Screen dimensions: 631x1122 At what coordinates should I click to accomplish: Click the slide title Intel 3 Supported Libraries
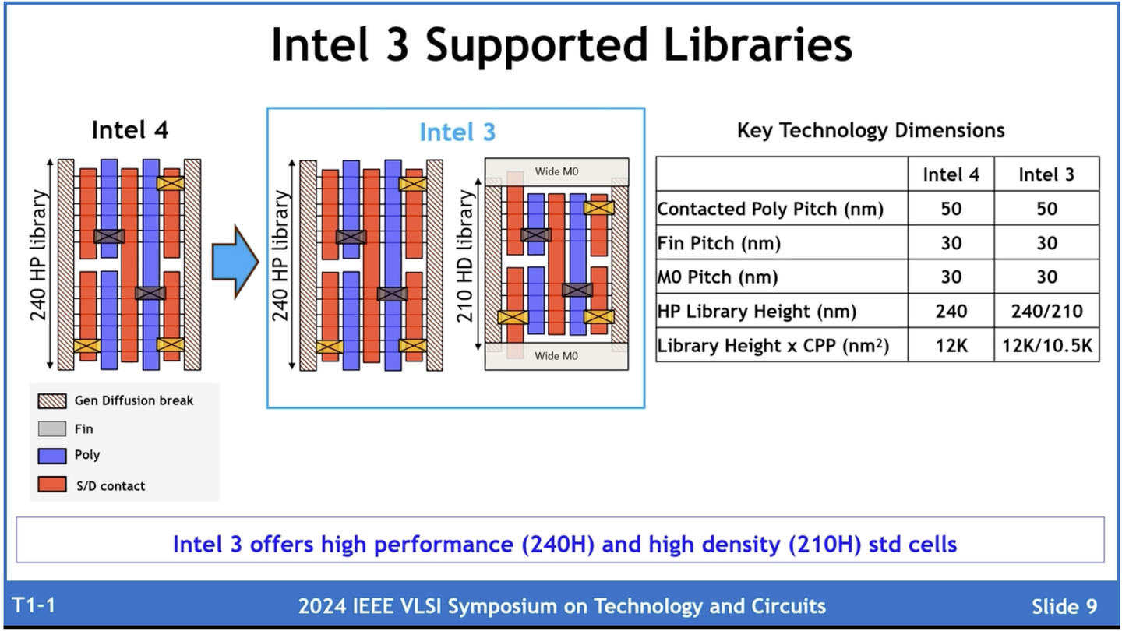(x=561, y=45)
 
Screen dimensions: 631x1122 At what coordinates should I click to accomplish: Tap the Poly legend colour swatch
(x=52, y=455)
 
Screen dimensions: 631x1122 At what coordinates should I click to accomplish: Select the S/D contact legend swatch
(x=52, y=485)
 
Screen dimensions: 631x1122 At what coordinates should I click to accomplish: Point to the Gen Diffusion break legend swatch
(x=52, y=400)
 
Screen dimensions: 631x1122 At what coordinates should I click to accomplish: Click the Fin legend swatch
(x=52, y=428)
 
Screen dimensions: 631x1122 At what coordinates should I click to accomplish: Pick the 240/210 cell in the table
(x=1046, y=312)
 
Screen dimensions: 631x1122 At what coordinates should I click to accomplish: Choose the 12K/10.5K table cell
(x=1046, y=345)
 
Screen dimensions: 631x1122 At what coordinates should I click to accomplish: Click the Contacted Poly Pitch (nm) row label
(x=770, y=210)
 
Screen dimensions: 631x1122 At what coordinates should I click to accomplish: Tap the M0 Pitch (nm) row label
(x=717, y=277)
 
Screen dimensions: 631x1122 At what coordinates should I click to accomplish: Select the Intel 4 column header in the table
(x=951, y=174)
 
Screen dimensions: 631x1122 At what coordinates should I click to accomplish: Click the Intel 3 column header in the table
(x=1046, y=174)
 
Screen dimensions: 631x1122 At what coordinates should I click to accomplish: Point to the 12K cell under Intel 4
(x=951, y=345)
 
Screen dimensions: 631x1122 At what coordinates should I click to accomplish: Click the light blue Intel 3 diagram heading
(x=457, y=132)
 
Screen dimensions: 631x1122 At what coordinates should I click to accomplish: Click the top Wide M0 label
(x=556, y=171)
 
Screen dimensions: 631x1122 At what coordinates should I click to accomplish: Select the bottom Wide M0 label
(x=556, y=356)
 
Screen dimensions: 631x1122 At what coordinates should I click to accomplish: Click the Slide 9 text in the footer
(x=1064, y=606)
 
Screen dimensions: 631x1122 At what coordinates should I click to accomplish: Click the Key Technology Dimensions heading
(x=870, y=130)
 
